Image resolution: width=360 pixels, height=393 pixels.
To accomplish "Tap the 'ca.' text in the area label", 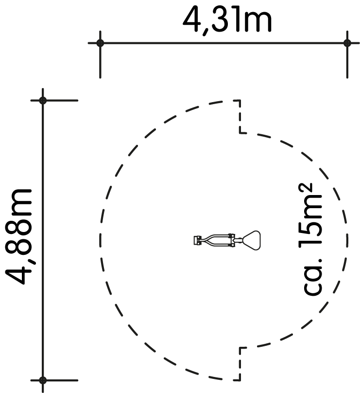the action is tap(312, 276).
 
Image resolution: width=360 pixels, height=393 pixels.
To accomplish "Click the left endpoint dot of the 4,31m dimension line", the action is tap(100, 43).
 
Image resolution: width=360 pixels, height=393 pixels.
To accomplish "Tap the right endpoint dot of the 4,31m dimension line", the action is tap(347, 43).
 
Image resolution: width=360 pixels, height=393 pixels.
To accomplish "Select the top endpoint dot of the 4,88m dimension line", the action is tap(43, 100).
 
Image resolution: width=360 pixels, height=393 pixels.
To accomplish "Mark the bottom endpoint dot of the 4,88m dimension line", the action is tap(43, 380).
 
